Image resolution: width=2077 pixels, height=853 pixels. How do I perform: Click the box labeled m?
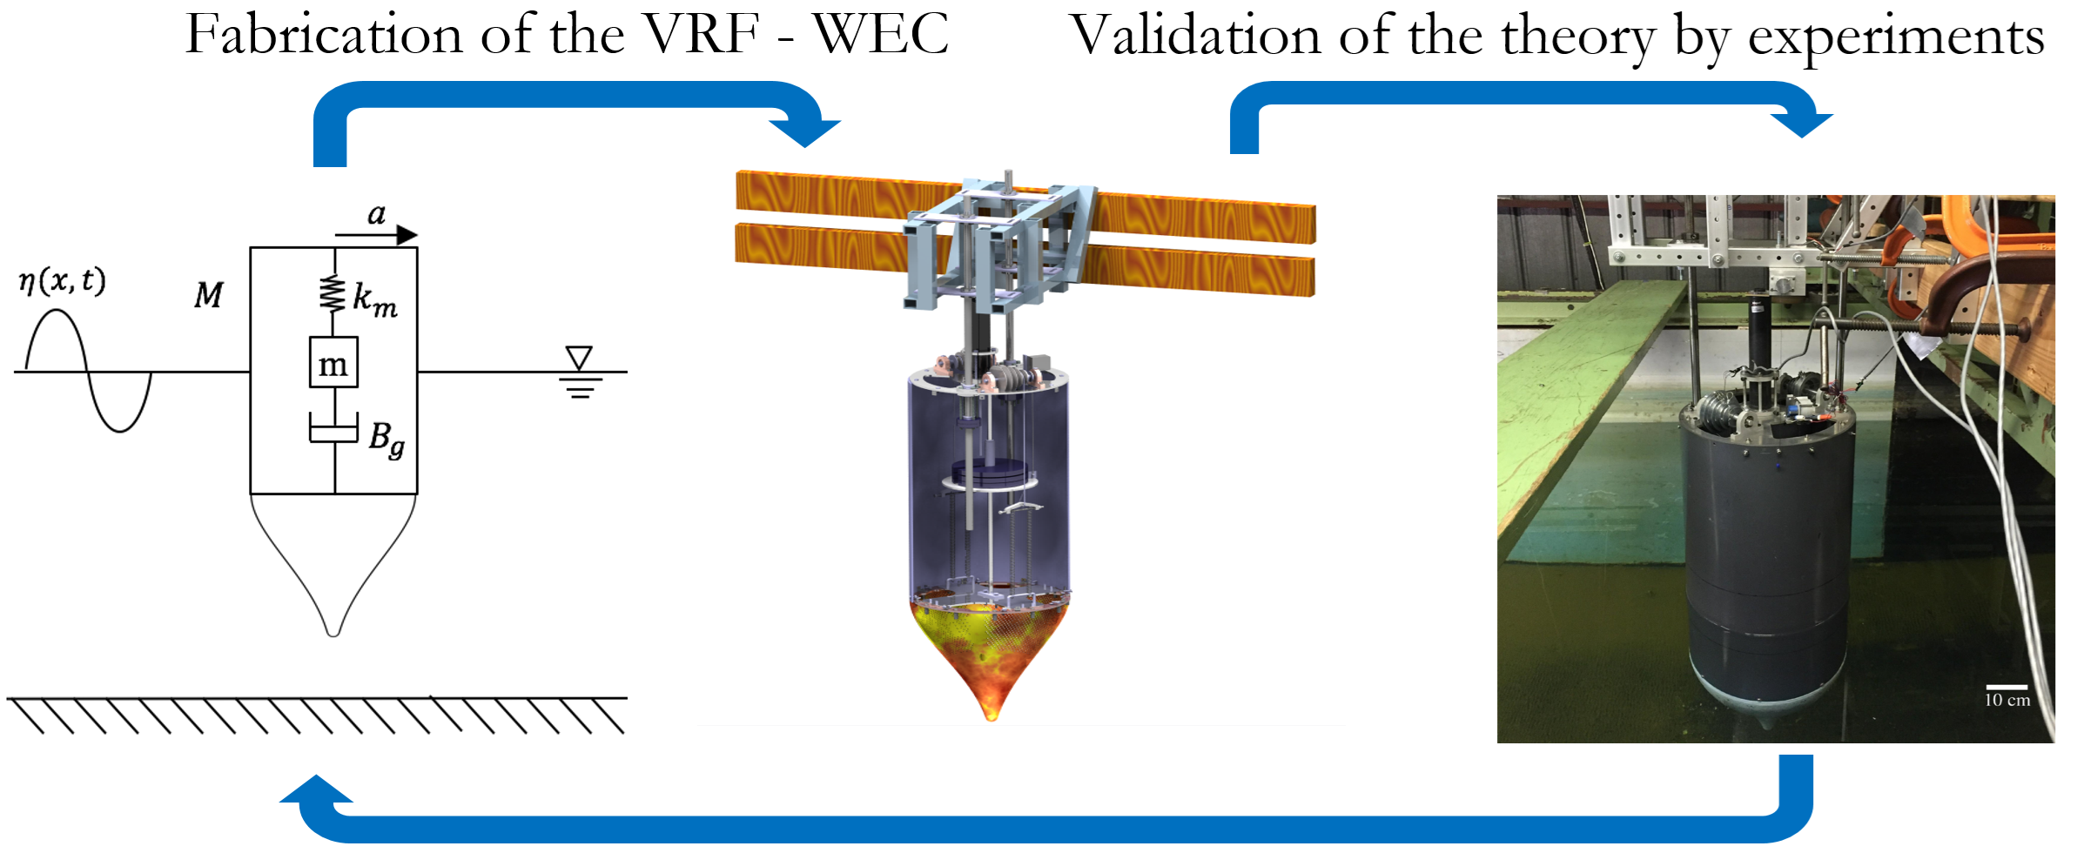(x=333, y=363)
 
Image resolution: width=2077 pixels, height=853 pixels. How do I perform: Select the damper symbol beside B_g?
(x=333, y=429)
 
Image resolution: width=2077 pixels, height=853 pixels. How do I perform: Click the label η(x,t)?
(x=62, y=281)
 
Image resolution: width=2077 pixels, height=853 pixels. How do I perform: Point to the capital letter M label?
(x=208, y=296)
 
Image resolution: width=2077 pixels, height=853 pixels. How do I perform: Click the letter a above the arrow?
(x=376, y=214)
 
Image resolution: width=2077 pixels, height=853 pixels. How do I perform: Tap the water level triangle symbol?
(x=579, y=357)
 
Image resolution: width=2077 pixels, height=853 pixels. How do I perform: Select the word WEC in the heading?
(x=881, y=37)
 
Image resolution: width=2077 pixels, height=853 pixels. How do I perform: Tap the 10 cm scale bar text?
(x=2006, y=700)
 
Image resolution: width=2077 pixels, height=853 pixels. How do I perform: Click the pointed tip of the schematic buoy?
(x=333, y=631)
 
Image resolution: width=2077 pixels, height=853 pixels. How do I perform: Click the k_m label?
(x=374, y=299)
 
